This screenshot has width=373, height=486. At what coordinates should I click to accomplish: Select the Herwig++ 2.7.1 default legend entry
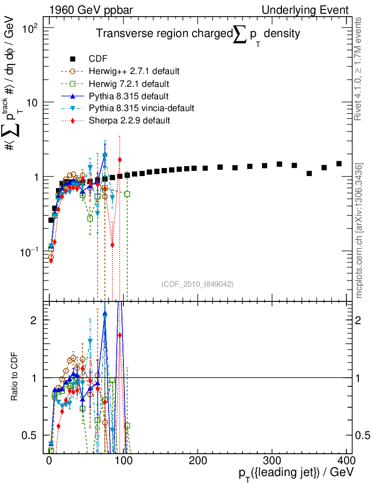(134, 71)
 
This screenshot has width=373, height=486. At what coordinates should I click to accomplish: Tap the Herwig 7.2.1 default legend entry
(129, 84)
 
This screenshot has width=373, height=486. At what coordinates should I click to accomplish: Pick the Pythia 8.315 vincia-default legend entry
(141, 108)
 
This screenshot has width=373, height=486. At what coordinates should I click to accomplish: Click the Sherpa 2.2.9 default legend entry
(129, 121)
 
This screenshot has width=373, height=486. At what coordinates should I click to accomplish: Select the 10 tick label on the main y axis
(34, 103)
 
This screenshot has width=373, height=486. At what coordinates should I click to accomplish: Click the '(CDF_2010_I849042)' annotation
(197, 284)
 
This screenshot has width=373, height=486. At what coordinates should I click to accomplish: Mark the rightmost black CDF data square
(339, 164)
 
